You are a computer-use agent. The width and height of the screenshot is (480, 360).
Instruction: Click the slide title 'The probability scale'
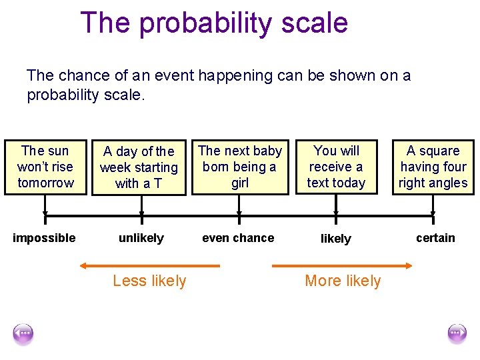tap(214, 23)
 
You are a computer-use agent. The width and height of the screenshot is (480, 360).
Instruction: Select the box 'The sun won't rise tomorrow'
tap(45, 167)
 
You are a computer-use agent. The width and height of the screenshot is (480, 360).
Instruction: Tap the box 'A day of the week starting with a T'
tap(139, 167)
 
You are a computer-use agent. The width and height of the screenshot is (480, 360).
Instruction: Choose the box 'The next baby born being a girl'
tap(240, 167)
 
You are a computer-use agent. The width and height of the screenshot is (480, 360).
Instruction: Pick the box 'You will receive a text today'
tap(336, 167)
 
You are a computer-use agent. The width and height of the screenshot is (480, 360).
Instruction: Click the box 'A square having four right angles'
tap(433, 167)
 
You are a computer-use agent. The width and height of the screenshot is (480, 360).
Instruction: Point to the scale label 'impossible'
tap(44, 238)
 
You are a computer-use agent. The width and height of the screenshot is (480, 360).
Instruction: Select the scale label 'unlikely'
tap(141, 238)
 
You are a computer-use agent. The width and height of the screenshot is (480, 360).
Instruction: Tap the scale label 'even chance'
tap(238, 238)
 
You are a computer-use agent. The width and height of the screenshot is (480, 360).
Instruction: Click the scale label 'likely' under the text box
tap(336, 239)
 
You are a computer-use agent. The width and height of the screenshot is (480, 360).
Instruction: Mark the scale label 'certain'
tap(435, 238)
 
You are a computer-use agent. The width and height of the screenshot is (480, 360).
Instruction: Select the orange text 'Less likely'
tap(149, 281)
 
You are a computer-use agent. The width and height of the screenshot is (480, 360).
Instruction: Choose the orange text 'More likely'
tap(343, 281)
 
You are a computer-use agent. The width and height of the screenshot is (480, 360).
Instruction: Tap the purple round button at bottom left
tap(23, 333)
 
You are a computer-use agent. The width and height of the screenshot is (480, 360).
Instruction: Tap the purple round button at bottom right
tap(457, 333)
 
